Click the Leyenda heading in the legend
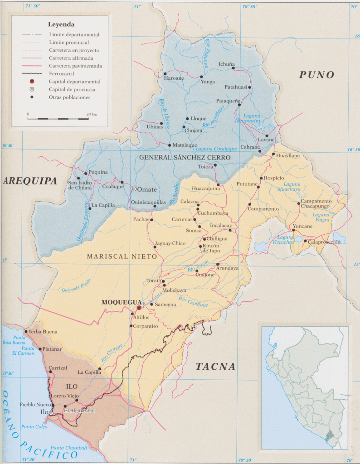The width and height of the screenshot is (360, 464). pyautogui.click(x=61, y=24)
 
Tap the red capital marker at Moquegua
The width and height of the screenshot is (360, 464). pyautogui.click(x=139, y=308)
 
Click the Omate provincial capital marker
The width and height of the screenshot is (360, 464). pyautogui.click(x=134, y=188)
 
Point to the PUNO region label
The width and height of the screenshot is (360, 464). pyautogui.click(x=316, y=75)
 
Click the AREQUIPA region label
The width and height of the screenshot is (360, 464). pyautogui.click(x=30, y=181)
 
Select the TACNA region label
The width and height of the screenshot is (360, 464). pyautogui.click(x=216, y=367)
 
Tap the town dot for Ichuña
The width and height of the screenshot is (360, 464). pyautogui.click(x=234, y=68)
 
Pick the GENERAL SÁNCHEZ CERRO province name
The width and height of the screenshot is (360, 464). pyautogui.click(x=185, y=158)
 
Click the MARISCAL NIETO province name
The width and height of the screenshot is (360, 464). pyautogui.click(x=122, y=256)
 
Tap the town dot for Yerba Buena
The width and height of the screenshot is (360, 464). pyautogui.click(x=26, y=332)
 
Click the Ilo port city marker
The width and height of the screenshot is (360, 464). pyautogui.click(x=51, y=413)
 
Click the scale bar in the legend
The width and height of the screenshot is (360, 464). pyautogui.click(x=58, y=119)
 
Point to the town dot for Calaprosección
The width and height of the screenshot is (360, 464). pyautogui.click(x=305, y=241)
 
